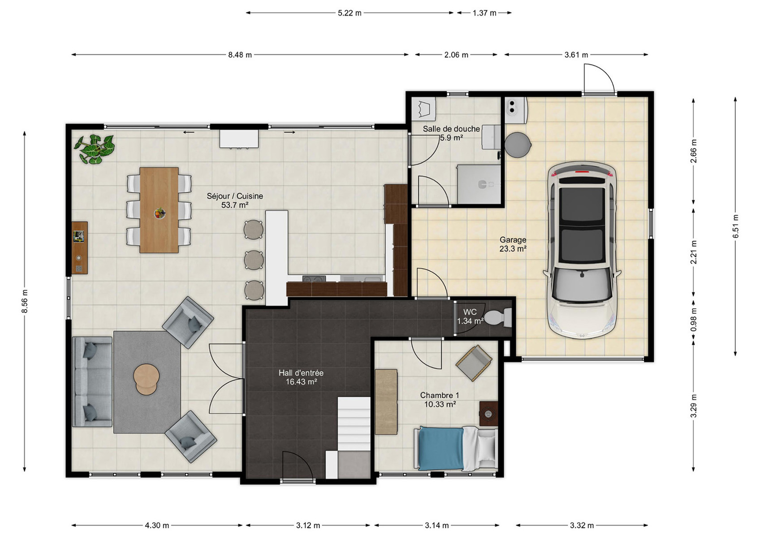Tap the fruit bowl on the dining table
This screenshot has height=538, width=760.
pos(160,213)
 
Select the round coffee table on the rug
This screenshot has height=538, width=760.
pos(146,379)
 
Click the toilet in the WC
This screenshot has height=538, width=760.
pos(498,318)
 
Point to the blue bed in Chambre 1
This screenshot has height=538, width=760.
pos(455,448)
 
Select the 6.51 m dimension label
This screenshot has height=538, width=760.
pos(735,226)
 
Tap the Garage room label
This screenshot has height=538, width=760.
pos(513,240)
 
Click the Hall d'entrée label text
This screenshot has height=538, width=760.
pos(301,373)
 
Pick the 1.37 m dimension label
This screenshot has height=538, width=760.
pos(484,13)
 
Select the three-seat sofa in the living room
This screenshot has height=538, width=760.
pos(92,382)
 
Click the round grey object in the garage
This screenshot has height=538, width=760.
pos(518,144)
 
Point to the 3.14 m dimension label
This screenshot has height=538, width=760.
pos(436,525)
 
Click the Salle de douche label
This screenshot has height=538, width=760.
pos(451,129)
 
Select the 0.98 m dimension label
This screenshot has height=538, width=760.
pos(694,319)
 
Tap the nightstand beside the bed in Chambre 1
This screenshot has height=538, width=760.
pos(488,413)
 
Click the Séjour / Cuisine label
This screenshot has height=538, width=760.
pos(235,196)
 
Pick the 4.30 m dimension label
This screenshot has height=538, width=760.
pos(157,525)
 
